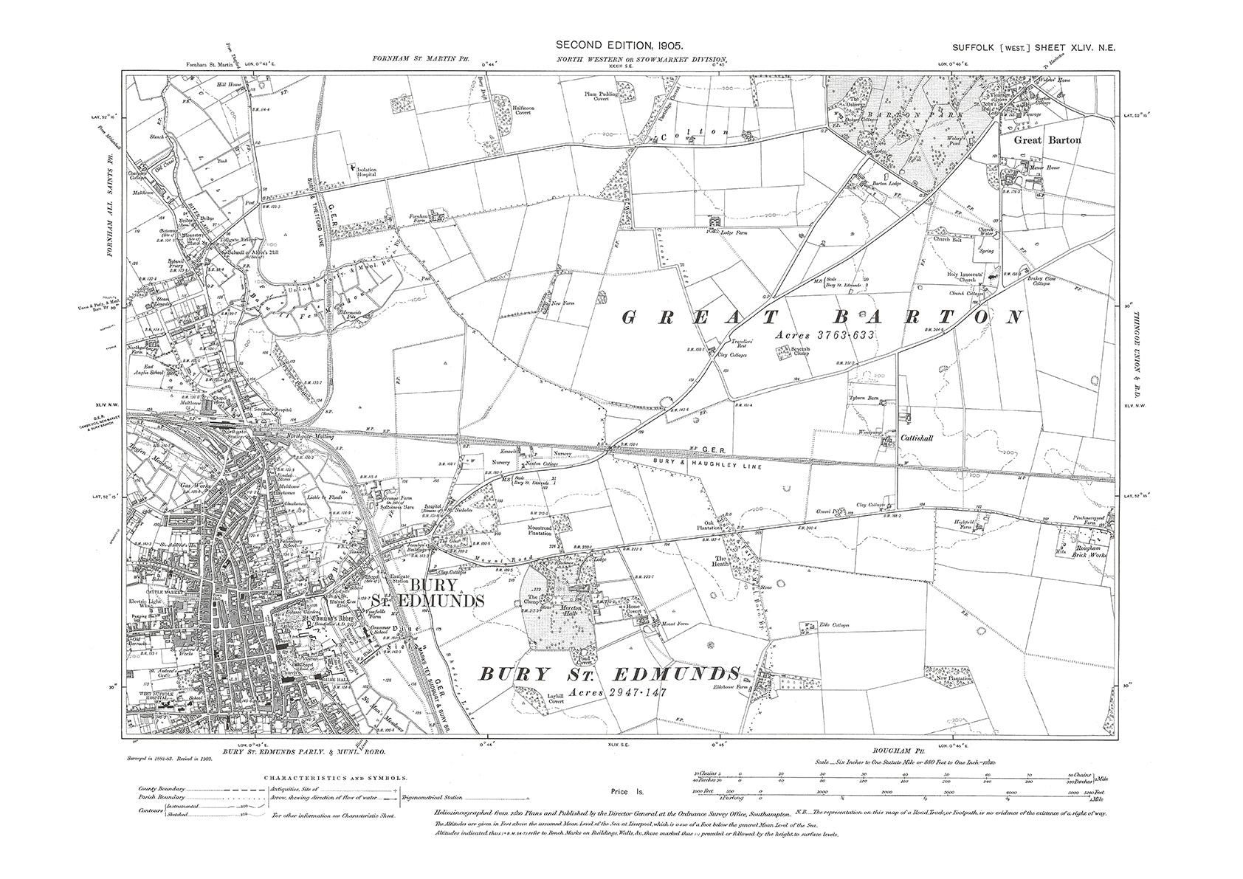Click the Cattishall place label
(917, 438)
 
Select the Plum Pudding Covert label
(598, 97)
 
